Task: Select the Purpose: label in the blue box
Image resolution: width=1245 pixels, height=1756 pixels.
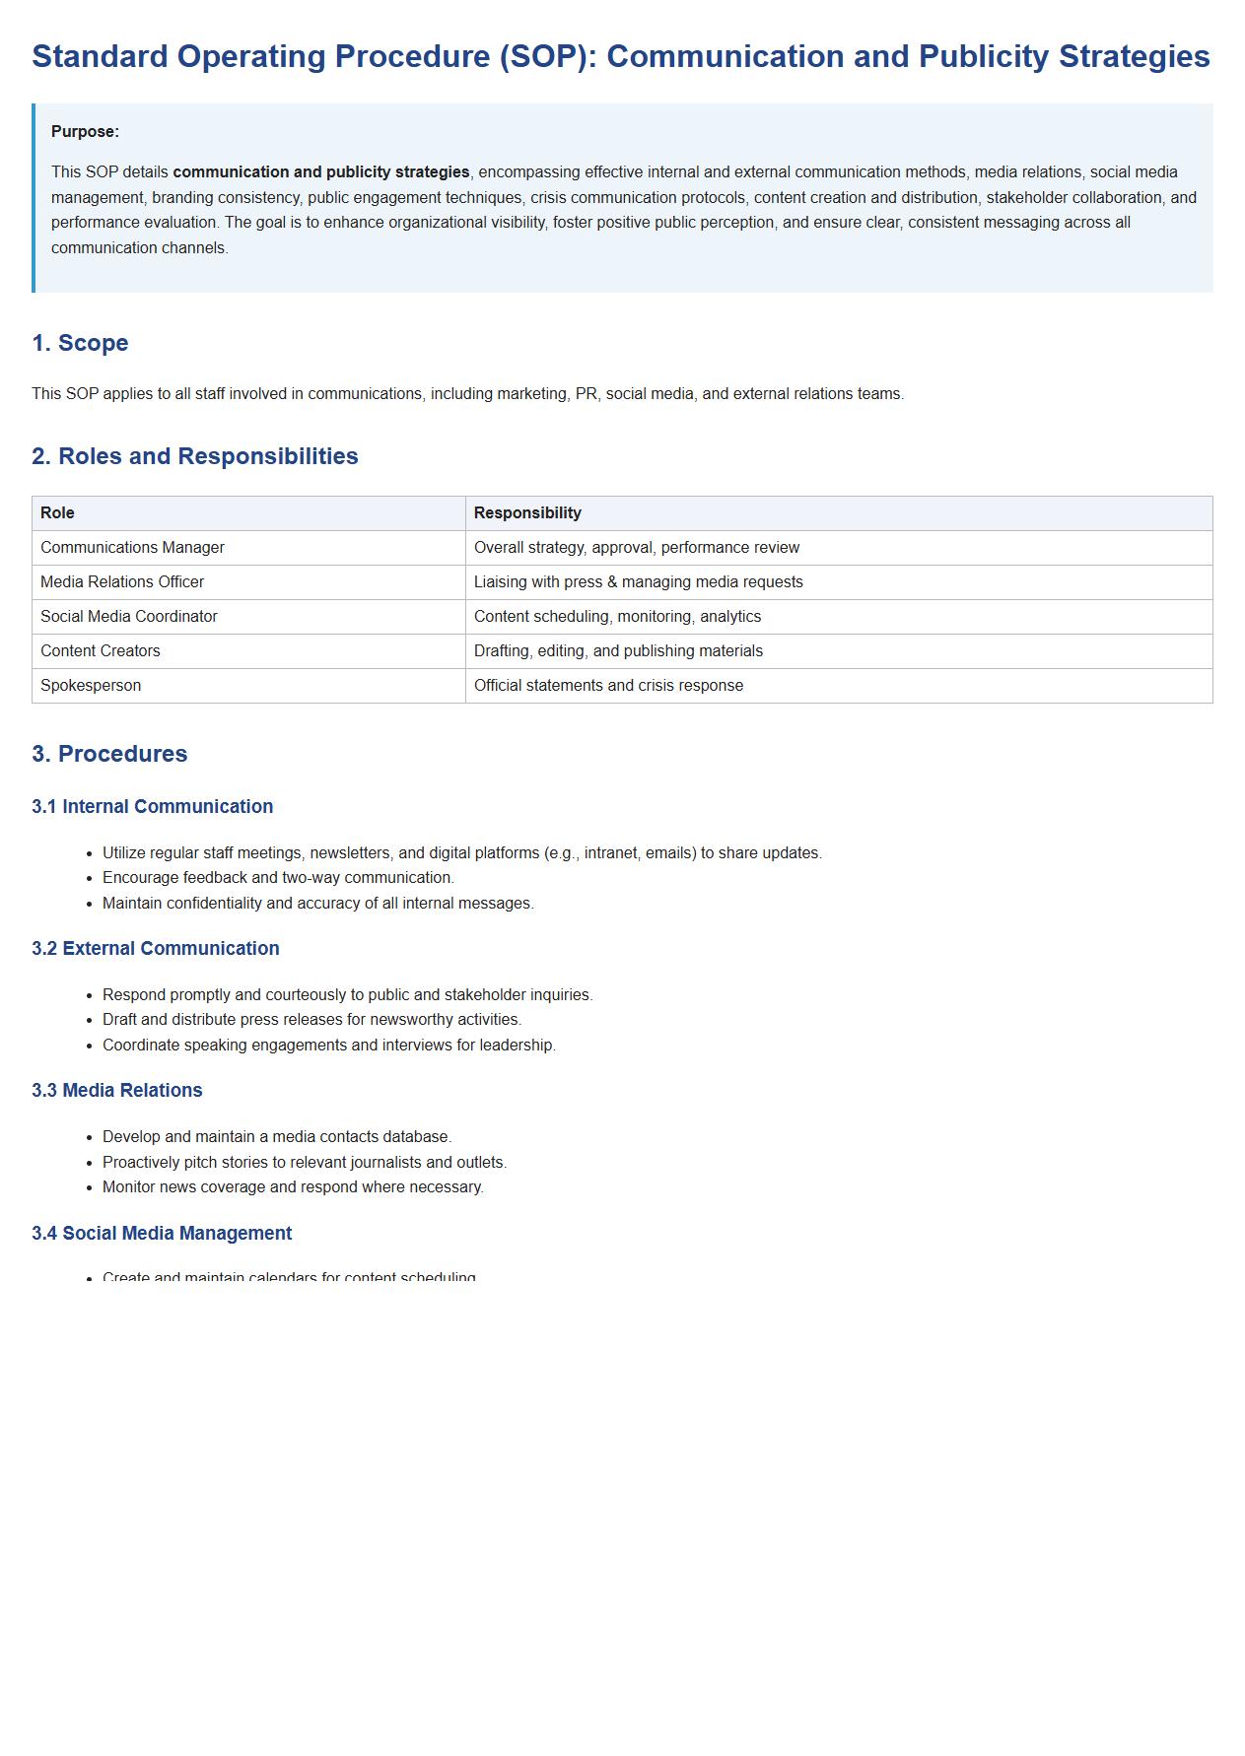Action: (x=85, y=132)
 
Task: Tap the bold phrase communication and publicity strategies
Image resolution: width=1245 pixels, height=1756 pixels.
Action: (x=321, y=172)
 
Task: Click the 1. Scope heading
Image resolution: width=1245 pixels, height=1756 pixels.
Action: (x=80, y=343)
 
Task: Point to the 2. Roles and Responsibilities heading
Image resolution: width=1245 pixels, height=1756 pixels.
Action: (x=195, y=456)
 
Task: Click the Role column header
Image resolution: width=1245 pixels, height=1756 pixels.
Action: (x=57, y=513)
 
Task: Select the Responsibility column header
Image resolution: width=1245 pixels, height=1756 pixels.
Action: (x=527, y=513)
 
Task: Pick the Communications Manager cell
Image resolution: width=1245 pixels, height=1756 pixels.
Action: (x=132, y=548)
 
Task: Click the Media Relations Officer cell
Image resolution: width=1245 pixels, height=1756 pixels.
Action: (x=122, y=582)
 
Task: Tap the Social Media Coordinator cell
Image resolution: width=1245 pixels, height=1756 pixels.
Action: (x=129, y=617)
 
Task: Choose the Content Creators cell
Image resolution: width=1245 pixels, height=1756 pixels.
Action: (x=101, y=651)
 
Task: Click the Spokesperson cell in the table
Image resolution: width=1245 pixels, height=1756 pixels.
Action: (x=91, y=686)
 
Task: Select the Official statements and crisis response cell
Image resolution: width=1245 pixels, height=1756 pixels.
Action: (x=608, y=686)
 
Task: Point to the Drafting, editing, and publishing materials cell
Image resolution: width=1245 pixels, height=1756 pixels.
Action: (x=618, y=651)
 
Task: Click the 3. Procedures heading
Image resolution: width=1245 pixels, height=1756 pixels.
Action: (x=109, y=754)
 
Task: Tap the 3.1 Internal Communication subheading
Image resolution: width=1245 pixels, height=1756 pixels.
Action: (x=153, y=807)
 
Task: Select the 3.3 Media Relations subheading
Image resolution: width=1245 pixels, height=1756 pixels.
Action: (x=117, y=1091)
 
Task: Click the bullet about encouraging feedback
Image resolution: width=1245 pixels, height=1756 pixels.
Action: (x=278, y=878)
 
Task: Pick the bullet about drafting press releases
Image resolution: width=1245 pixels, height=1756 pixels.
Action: (x=311, y=1020)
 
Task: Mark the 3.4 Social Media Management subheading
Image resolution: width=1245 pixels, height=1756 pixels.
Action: (x=162, y=1234)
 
